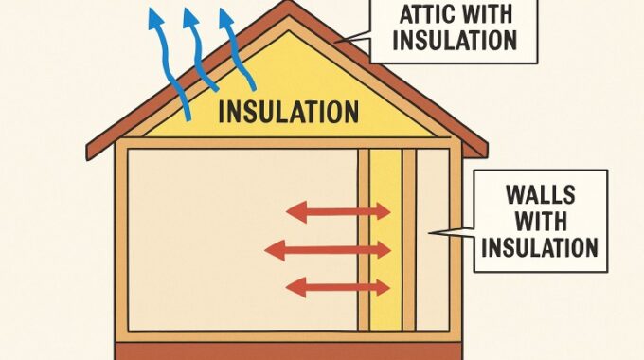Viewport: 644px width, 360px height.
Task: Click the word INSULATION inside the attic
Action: click(x=289, y=111)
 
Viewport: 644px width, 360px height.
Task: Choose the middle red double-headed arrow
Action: click(x=328, y=250)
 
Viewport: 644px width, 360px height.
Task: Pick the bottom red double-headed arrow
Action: click(x=337, y=286)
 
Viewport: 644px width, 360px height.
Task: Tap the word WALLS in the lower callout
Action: click(x=540, y=197)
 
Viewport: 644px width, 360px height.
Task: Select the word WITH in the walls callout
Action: click(x=540, y=223)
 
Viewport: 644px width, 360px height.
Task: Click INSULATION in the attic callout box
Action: click(x=456, y=41)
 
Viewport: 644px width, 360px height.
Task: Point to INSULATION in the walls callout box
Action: click(x=540, y=248)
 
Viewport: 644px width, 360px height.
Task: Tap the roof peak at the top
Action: click(x=288, y=6)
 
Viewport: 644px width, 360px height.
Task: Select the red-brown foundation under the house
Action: click(x=288, y=351)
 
